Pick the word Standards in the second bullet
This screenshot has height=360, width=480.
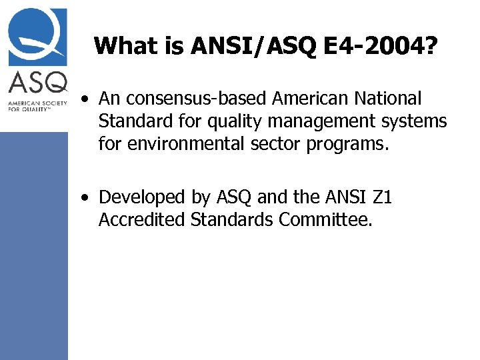(231, 219)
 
